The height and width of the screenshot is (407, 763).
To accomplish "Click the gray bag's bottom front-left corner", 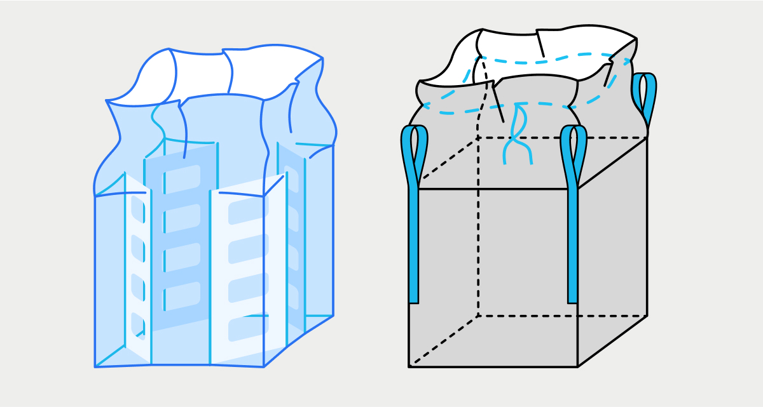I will point(409,366).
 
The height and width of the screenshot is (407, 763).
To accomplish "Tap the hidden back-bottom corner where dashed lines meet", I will point(478,316).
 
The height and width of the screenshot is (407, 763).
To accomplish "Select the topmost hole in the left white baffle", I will point(137,206).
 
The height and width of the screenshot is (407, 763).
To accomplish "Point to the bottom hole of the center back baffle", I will point(182,295).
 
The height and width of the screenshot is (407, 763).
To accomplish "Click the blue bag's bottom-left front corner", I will point(95,366).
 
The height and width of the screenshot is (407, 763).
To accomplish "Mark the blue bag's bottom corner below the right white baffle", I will point(264,366).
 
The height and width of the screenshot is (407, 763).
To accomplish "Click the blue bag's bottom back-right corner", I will point(333,315).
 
